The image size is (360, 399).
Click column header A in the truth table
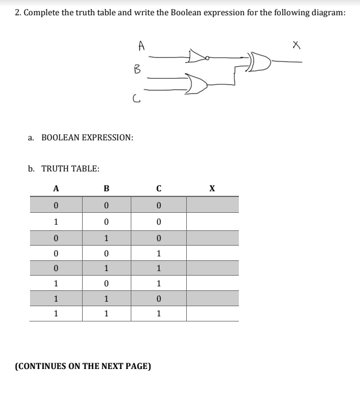pos(55,189)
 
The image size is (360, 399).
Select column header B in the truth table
pos(106,189)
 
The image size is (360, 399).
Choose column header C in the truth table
pos(159,189)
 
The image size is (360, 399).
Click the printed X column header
pos(212,189)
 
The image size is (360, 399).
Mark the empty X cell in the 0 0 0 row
pos(212,204)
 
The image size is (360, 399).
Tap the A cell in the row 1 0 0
pos(55,221)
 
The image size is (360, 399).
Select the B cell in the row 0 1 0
pos(106,237)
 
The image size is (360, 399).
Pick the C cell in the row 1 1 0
pos(159,298)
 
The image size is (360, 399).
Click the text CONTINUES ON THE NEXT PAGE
pos(83,366)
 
